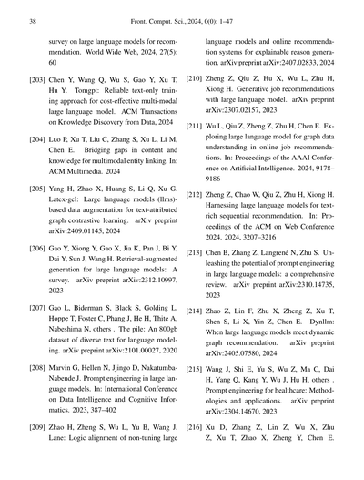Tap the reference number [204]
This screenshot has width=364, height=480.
pyautogui.click(x=41, y=141)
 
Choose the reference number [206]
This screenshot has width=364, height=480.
pyautogui.click(x=41, y=248)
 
